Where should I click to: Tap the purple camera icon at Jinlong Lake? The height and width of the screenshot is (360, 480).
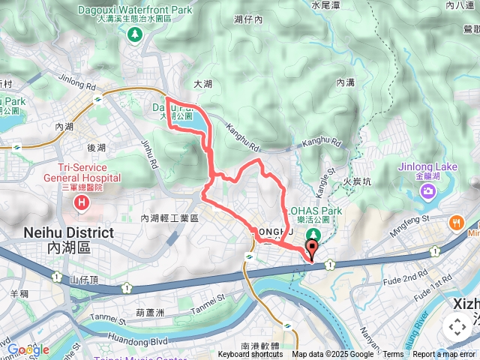[427, 192]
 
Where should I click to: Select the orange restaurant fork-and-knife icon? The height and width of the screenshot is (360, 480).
[455, 223]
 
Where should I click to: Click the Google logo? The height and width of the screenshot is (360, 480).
[28, 349]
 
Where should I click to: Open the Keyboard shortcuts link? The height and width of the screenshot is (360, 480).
[250, 355]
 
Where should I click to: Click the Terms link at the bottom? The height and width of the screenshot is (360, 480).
[393, 355]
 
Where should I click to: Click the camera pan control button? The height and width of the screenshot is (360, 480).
[457, 327]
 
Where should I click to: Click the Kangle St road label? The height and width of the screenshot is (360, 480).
[327, 184]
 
